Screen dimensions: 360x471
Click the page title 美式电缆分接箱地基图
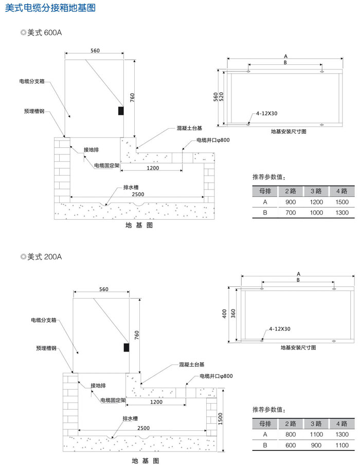click(50, 8)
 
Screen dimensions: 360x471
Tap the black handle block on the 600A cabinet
click(121, 111)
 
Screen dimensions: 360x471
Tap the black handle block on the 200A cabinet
click(127, 347)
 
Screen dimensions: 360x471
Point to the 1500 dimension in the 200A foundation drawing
click(221, 418)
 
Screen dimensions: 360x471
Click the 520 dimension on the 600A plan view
click(221, 96)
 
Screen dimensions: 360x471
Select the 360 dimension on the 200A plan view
click(233, 313)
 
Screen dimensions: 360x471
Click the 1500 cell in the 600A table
click(342, 202)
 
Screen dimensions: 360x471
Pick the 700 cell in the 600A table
click(291, 213)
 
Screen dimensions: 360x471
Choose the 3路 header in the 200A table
click(316, 424)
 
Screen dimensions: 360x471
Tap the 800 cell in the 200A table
click(291, 434)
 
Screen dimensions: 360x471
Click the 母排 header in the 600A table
click(265, 191)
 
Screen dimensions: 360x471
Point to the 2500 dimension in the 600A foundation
click(138, 195)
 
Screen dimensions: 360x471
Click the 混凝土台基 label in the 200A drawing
click(192, 364)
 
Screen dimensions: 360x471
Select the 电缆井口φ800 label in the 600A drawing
click(213, 140)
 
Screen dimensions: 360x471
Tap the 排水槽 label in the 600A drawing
click(131, 187)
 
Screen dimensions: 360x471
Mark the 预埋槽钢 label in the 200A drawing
click(46, 348)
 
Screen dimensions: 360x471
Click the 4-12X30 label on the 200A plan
click(280, 329)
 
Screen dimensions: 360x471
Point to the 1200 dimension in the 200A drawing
click(156, 402)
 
